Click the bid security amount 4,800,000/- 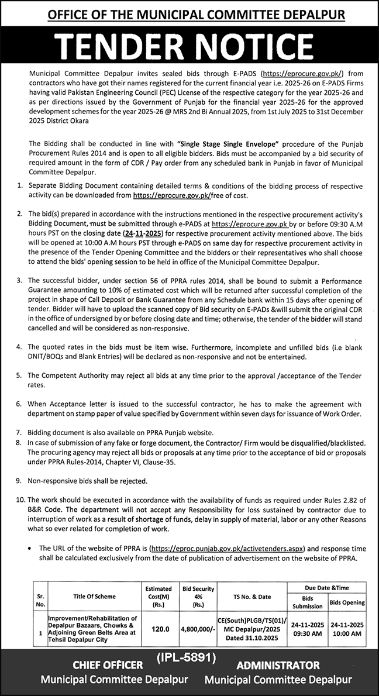199,629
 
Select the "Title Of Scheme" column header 95,596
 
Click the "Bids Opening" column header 347,602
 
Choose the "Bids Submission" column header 307,602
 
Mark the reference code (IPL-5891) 187,658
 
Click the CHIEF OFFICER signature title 108,665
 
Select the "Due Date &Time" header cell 327,588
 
